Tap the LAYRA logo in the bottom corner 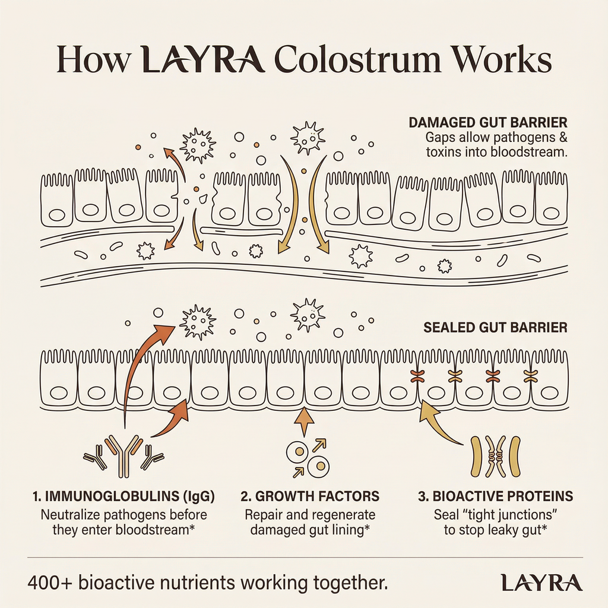click(x=541, y=582)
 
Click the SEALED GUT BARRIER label click(x=495, y=327)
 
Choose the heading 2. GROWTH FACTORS click(x=310, y=496)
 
